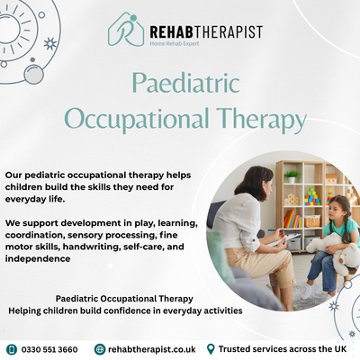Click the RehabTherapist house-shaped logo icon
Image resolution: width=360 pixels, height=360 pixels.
point(126,30)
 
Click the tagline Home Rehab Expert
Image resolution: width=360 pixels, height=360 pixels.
point(175,43)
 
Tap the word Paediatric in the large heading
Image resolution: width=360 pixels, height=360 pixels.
point(185,83)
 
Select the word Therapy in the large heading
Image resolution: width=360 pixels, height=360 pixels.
point(261,120)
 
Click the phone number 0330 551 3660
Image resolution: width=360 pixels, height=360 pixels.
point(49,349)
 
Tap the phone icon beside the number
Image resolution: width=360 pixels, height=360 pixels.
point(12,349)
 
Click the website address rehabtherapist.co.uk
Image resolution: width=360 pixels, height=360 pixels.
point(152,349)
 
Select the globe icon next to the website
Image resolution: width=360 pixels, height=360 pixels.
point(100,349)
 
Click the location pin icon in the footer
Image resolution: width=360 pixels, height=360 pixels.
point(211,349)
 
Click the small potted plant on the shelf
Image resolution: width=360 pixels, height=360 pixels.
point(292,176)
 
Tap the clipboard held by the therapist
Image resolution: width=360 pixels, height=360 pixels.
point(286,239)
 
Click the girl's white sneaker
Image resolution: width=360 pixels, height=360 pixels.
point(308,291)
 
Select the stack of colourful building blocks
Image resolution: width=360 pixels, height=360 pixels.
point(312,197)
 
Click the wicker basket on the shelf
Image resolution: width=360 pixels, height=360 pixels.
point(312,221)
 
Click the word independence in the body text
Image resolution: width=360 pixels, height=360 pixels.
point(38,258)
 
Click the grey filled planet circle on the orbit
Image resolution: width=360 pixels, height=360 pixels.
point(33,74)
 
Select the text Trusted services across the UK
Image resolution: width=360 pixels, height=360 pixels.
point(283,349)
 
